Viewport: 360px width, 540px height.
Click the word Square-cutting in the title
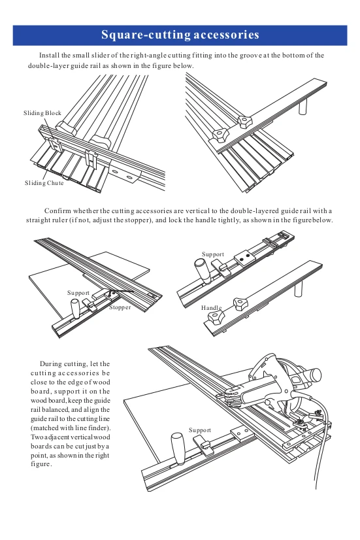(146, 35)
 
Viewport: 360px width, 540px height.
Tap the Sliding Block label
(42, 113)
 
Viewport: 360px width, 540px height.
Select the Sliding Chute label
(44, 183)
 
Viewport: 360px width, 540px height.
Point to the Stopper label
(120, 307)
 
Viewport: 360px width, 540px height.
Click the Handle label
(211, 307)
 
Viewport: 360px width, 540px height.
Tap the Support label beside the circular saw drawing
(200, 430)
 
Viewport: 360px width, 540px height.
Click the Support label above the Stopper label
(78, 293)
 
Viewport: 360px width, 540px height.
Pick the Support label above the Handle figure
(213, 254)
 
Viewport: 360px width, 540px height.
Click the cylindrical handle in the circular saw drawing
(178, 447)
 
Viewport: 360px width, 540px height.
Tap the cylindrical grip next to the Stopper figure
(75, 309)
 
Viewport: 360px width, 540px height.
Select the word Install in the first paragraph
(49, 56)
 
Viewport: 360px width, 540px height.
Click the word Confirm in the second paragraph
(57, 211)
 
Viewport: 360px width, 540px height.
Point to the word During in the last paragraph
(50, 364)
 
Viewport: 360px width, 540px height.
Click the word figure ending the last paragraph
(41, 464)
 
